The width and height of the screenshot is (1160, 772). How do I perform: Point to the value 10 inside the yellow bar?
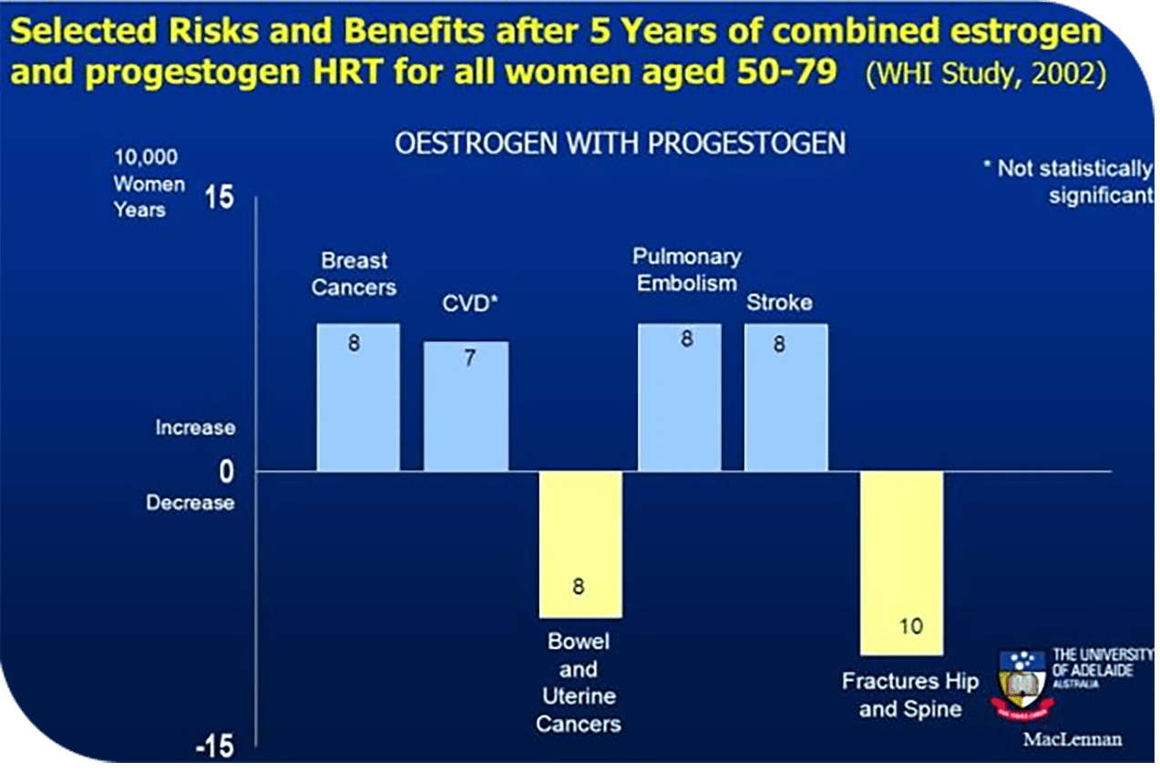[x=909, y=626]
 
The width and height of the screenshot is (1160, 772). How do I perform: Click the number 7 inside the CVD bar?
[x=469, y=359]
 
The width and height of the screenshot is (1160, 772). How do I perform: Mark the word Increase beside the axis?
[x=195, y=427]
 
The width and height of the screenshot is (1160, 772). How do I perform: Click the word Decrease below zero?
[x=190, y=503]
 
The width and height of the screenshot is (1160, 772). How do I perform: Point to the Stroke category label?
[x=779, y=302]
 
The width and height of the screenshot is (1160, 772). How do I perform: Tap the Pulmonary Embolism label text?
[x=686, y=269]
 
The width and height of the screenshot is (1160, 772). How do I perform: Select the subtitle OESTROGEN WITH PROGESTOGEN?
[x=620, y=145]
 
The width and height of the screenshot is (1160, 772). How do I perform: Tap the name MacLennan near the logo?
[x=1073, y=739]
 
